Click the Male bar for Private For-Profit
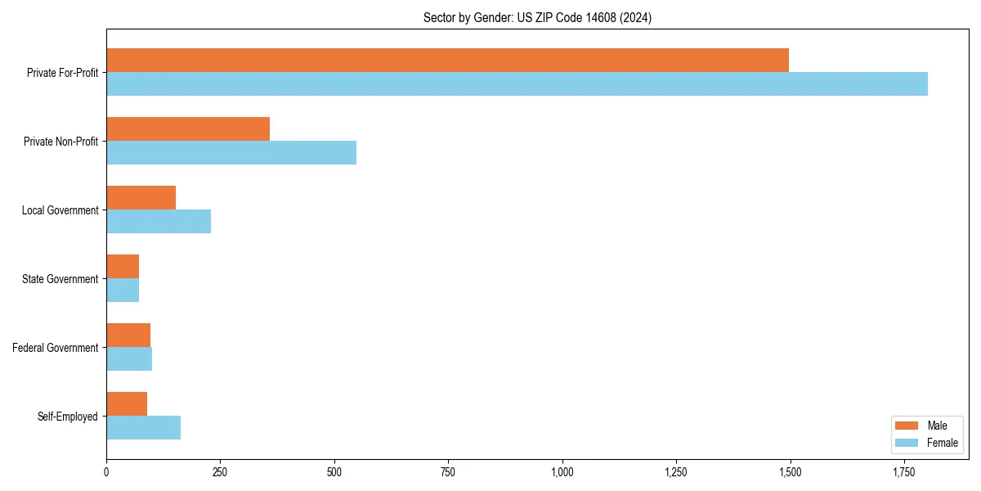[447, 61]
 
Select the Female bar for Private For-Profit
[517, 84]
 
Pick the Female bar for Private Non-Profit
[231, 153]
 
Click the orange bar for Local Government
[141, 198]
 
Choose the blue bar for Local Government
[159, 222]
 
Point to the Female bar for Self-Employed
[143, 428]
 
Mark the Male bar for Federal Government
[128, 336]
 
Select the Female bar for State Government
[123, 291]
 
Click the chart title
[537, 17]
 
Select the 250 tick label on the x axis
[220, 472]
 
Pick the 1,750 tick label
[903, 472]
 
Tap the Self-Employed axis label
[68, 417]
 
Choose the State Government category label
[60, 279]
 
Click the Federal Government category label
[56, 348]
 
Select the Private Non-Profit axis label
[60, 142]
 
